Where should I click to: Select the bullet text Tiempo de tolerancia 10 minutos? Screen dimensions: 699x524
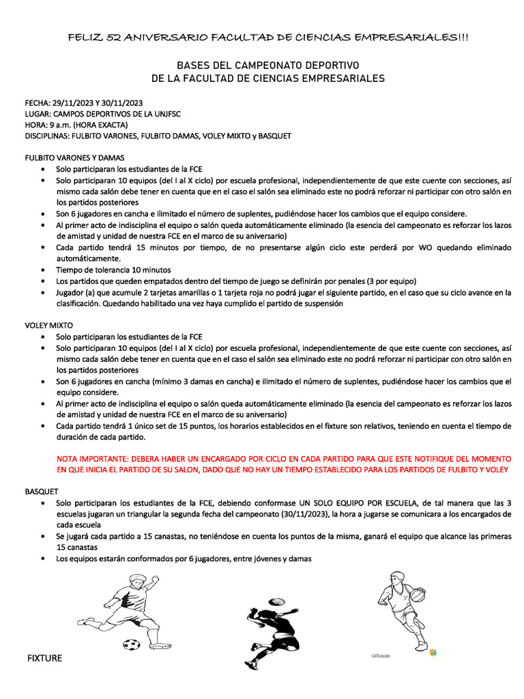coord(113,270)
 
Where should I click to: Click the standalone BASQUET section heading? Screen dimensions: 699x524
coord(42,491)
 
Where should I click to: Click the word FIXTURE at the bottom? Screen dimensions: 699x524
coord(44,658)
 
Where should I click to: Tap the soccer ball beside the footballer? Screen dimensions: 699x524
coord(131,643)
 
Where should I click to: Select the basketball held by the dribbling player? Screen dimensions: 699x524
coord(418,593)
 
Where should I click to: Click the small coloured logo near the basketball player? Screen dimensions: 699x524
coord(433,653)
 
